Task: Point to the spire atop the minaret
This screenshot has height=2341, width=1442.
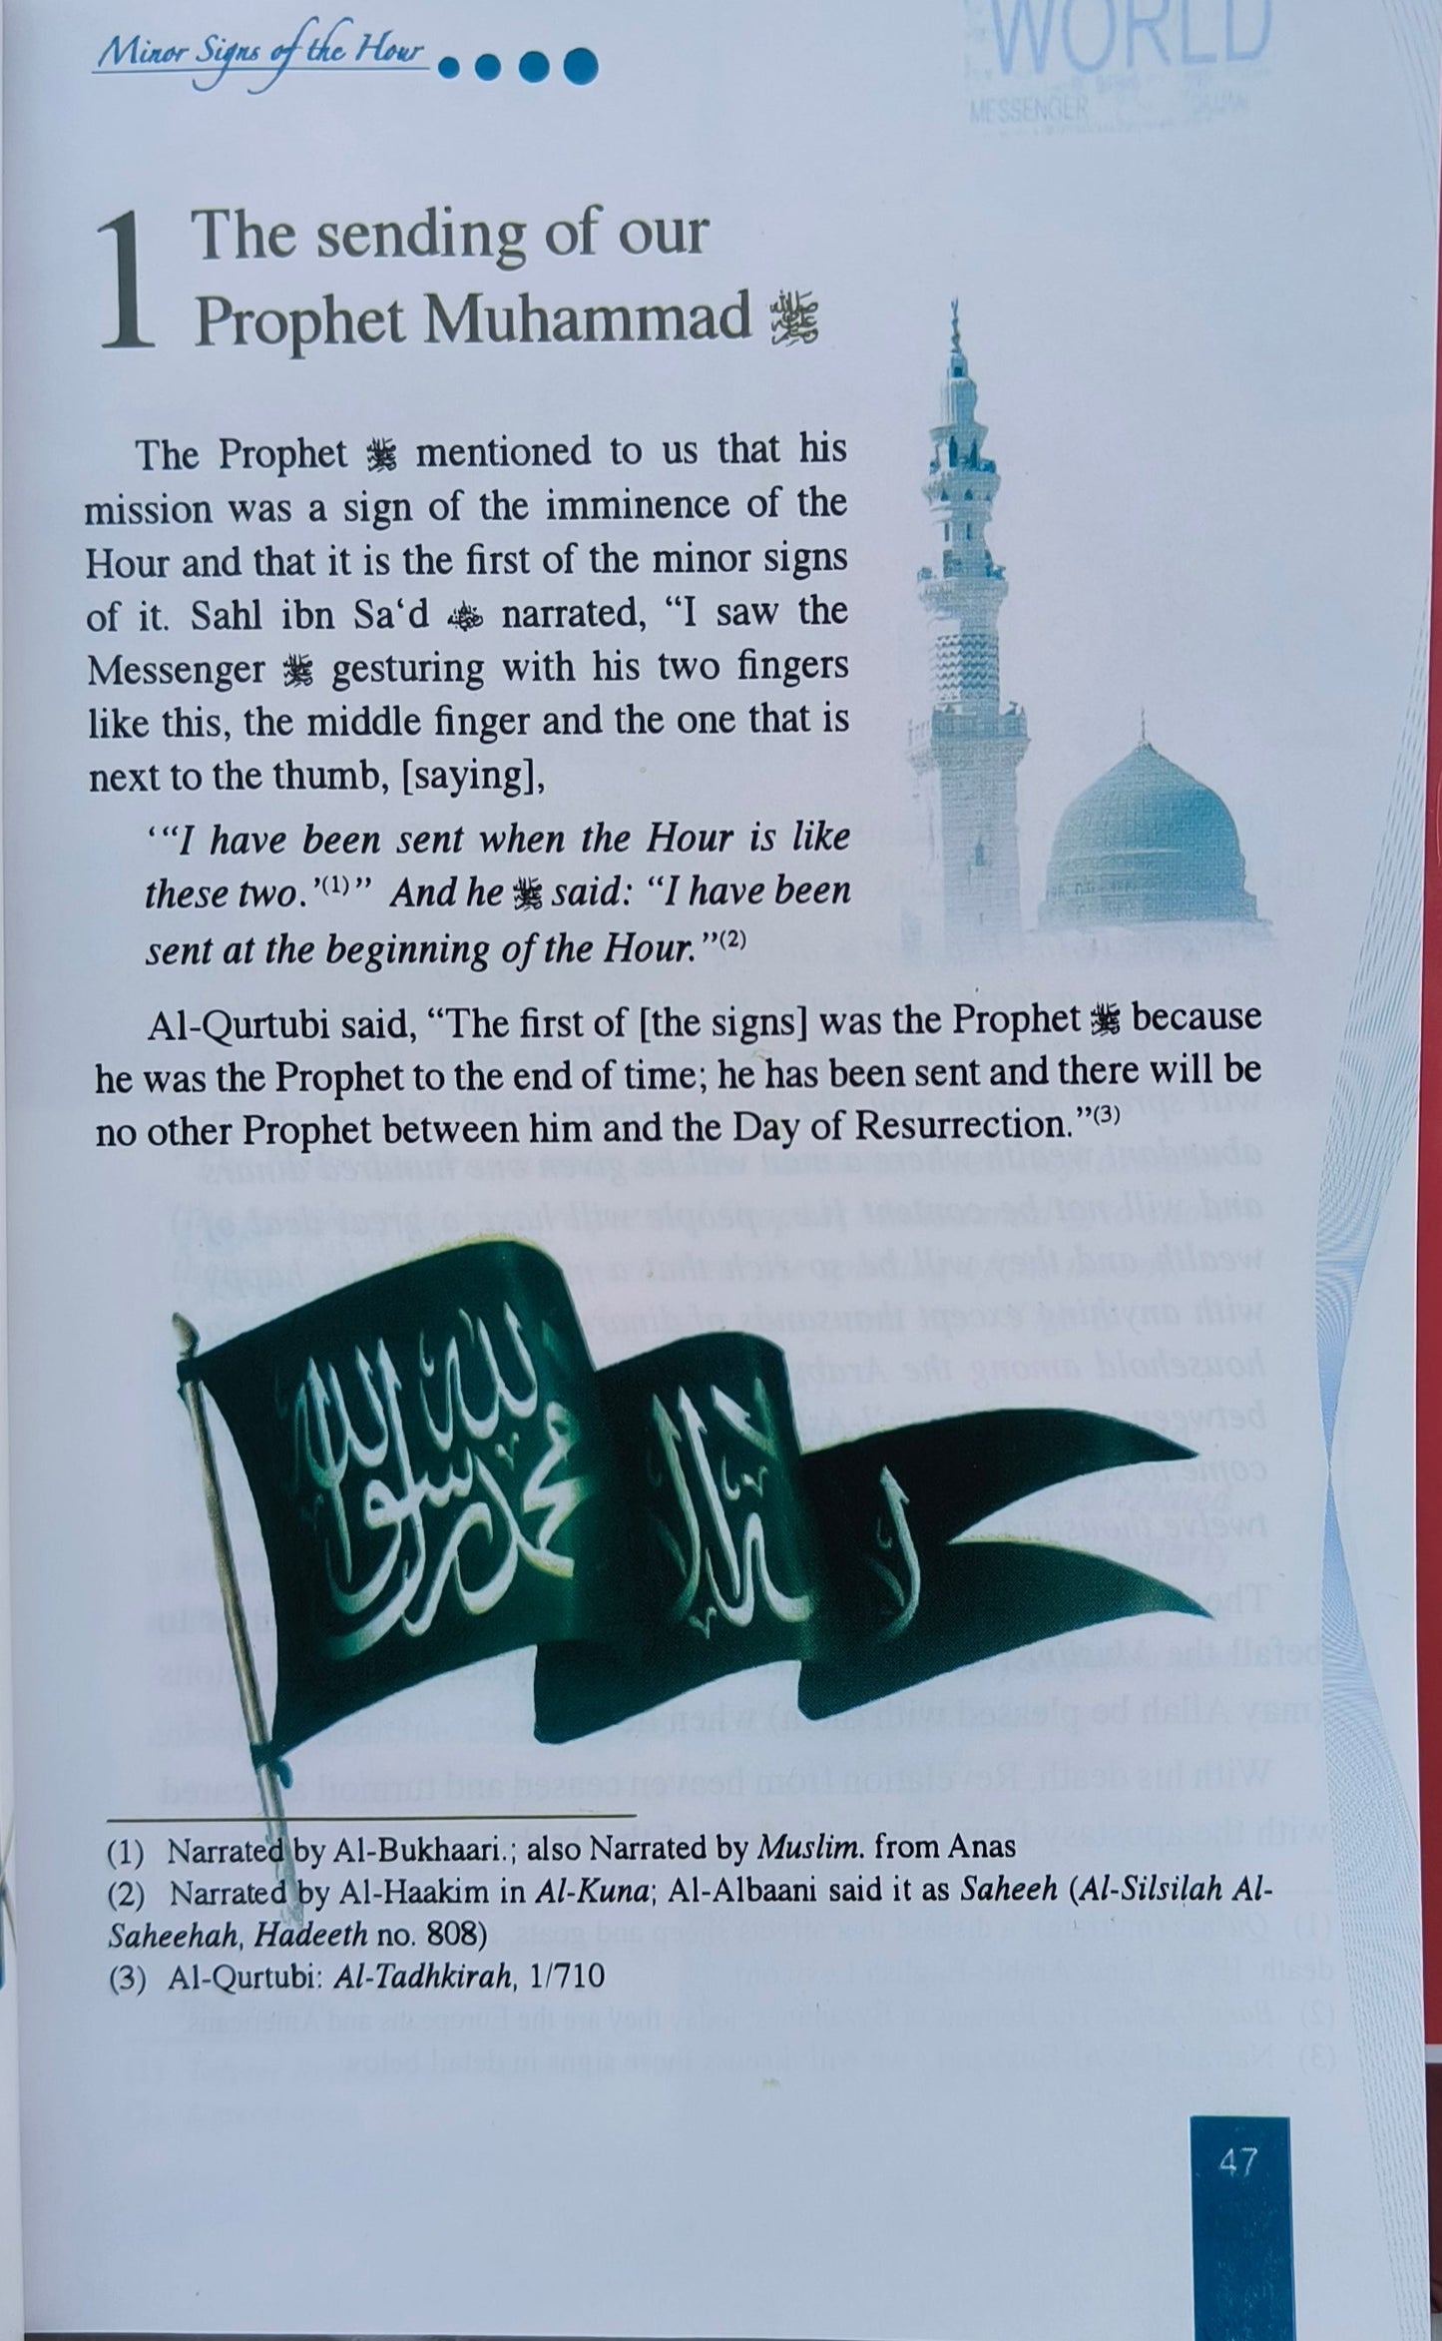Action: pyautogui.click(x=955, y=324)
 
